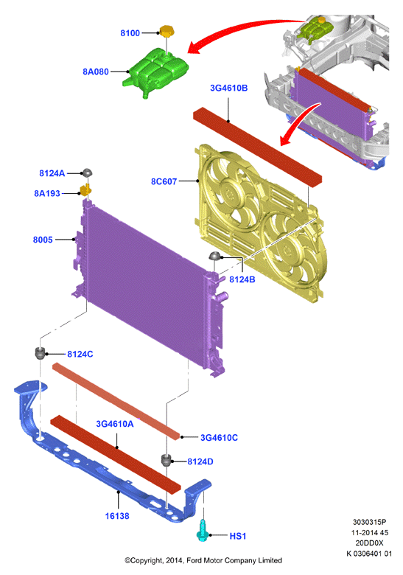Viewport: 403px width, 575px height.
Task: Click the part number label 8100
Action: [x=130, y=33]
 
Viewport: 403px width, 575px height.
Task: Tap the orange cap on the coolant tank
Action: [x=167, y=31]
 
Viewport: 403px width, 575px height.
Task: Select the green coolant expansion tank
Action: [x=155, y=72]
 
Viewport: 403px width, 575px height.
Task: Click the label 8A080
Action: [x=96, y=72]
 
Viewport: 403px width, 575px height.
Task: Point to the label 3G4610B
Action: [x=228, y=88]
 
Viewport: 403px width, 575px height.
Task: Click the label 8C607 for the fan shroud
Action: [x=164, y=181]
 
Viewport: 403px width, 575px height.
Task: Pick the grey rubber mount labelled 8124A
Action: [x=87, y=172]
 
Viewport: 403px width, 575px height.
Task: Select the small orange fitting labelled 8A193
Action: [x=85, y=190]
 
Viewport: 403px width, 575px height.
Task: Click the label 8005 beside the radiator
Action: [x=43, y=240]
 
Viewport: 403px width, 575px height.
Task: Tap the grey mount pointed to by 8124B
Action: [x=214, y=256]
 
